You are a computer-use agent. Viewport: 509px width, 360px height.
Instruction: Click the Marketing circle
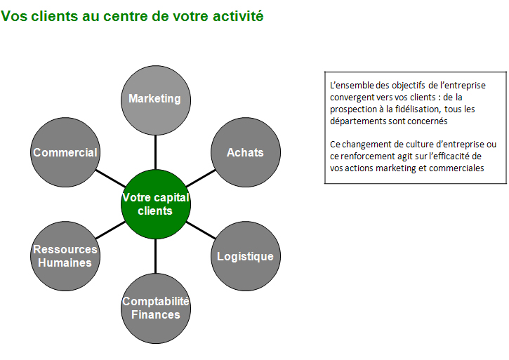pos(156,100)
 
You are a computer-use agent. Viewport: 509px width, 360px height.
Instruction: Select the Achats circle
pos(246,152)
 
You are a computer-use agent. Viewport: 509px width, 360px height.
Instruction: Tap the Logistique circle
pos(246,256)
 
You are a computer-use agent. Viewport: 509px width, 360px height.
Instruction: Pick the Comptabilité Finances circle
pos(156,308)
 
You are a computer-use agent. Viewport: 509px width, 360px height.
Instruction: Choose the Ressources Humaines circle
pos(65,256)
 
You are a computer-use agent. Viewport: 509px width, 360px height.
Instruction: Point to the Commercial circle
pos(65,152)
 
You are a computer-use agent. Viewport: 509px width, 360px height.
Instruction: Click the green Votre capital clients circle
pos(156,204)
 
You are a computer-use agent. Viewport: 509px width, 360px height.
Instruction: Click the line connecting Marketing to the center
pos(156,152)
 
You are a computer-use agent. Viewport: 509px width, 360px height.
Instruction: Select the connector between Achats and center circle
pos(201,178)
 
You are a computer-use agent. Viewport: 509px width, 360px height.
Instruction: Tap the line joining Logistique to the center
pos(201,230)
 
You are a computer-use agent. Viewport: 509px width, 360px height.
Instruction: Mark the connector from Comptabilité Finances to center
pos(156,256)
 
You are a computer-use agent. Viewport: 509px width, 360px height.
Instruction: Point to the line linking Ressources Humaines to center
pos(111,230)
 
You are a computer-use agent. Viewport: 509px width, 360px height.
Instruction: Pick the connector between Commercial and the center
pos(111,178)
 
